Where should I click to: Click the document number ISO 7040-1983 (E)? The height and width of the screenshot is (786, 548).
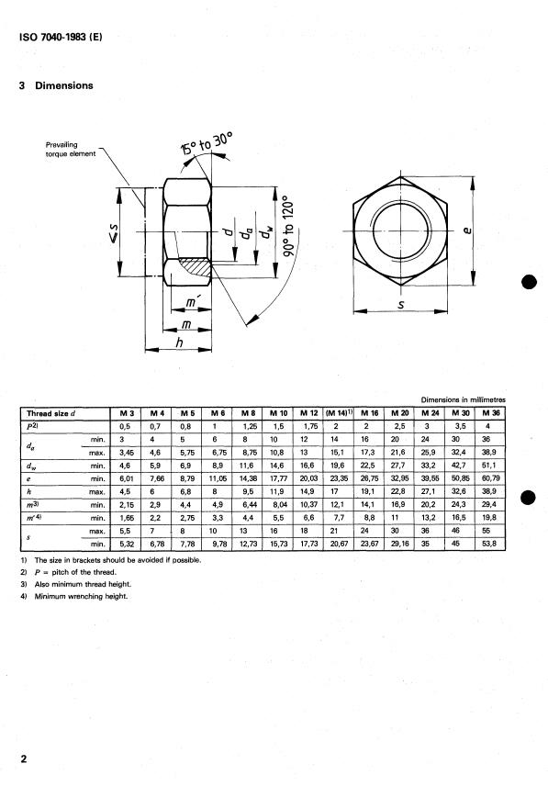tap(61, 37)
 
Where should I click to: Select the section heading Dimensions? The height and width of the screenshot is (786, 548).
tap(64, 85)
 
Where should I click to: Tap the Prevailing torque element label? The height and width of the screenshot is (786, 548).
tap(70, 150)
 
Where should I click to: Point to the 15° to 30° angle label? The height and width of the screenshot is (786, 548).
tap(207, 143)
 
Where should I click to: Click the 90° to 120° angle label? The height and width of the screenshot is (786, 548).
tap(288, 226)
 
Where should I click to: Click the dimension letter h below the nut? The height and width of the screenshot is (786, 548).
tap(179, 342)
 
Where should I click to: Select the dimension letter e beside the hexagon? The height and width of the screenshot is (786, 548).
tap(467, 230)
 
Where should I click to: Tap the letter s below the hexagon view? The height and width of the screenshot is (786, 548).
tap(401, 304)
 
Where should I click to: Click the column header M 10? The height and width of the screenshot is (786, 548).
tap(278, 413)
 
